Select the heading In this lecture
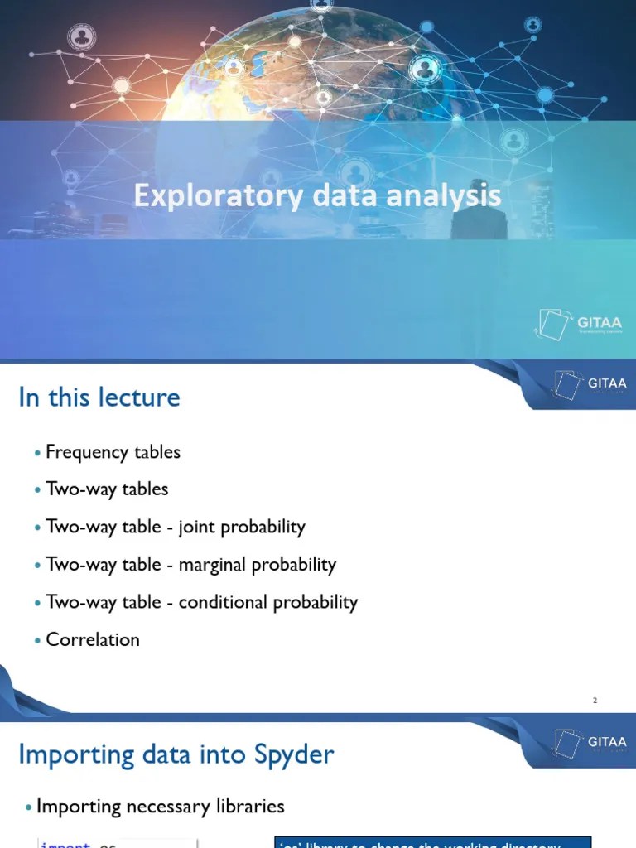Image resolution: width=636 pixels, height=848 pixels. click(x=99, y=397)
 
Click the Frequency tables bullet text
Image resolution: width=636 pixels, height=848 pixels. click(x=113, y=452)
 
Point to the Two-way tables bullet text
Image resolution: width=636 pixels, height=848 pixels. click(x=107, y=489)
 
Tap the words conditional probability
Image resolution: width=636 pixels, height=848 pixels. click(x=268, y=602)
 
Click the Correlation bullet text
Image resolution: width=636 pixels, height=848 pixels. click(x=93, y=639)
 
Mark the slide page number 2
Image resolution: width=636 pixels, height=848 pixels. click(x=595, y=701)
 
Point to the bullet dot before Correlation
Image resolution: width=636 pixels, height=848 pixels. click(x=38, y=640)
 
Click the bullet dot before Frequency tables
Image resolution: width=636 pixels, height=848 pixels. click(x=38, y=453)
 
